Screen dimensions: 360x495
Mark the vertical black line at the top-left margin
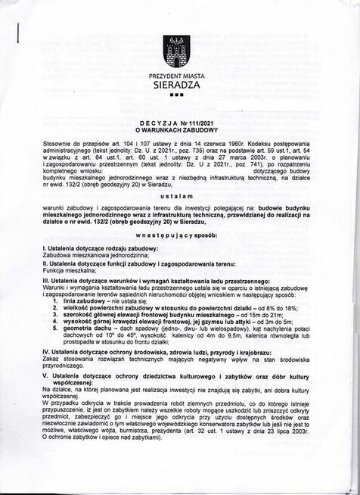tap(17, 38)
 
